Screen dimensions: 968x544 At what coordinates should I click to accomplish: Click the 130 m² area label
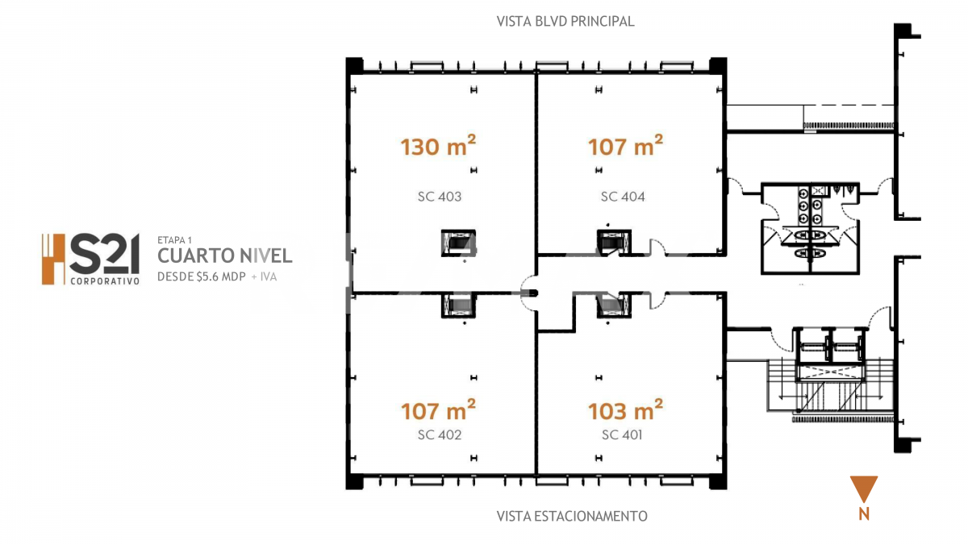coord(438,146)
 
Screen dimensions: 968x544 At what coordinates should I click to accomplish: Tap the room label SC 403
coord(440,197)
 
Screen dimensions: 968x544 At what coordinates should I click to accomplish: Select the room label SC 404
coord(623,197)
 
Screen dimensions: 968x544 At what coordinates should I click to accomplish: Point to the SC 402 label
coord(440,434)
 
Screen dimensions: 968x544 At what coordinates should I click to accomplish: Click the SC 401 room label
coord(622,434)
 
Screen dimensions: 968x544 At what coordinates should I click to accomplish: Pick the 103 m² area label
coord(625,410)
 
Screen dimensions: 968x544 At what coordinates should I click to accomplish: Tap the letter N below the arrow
coord(864,514)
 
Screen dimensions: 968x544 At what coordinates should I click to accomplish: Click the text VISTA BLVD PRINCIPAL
coord(565,21)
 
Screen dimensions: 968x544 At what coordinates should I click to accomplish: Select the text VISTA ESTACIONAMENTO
coord(572,516)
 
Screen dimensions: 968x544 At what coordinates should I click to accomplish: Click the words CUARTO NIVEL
coord(225,255)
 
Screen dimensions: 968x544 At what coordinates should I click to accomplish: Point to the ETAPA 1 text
coord(174,240)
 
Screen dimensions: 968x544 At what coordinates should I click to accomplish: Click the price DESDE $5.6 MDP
coord(202,276)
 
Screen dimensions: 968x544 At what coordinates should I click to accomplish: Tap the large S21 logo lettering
coord(104,254)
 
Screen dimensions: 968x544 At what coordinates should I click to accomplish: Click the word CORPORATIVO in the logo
coord(105,281)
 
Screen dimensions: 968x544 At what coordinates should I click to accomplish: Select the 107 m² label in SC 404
coord(625,146)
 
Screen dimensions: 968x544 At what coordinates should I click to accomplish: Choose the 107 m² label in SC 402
coord(438,410)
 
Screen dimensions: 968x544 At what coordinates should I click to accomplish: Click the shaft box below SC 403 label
coord(458,243)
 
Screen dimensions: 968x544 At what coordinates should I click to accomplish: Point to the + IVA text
coord(264,276)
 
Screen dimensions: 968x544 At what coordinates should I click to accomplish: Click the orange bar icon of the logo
coord(53,260)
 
